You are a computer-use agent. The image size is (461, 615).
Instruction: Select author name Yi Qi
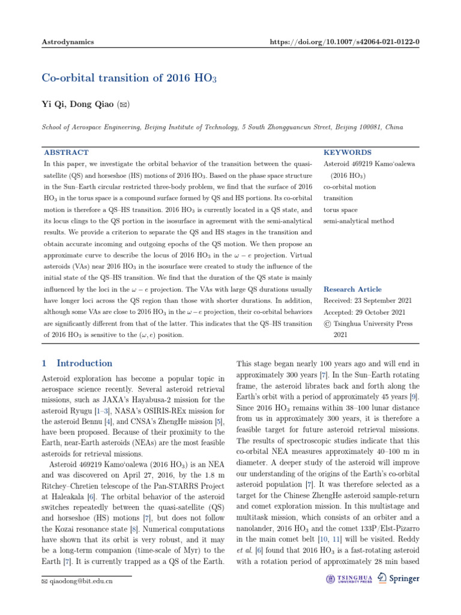pyautogui.click(x=52, y=104)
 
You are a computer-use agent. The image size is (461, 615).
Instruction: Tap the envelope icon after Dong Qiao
pyautogui.click(x=122, y=105)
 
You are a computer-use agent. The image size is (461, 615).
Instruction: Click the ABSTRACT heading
pyautogui.click(x=66, y=153)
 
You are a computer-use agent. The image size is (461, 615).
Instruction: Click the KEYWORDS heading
pyautogui.click(x=347, y=153)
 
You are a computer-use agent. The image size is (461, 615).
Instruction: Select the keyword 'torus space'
pyautogui.click(x=340, y=210)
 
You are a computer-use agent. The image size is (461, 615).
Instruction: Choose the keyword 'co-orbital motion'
pyautogui.click(x=350, y=187)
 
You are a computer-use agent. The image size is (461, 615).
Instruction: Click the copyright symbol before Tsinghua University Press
pyautogui.click(x=327, y=324)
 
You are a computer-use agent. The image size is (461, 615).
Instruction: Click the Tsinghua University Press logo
pyautogui.click(x=349, y=578)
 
